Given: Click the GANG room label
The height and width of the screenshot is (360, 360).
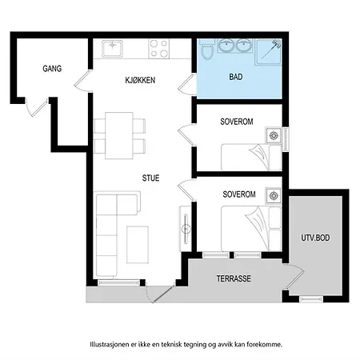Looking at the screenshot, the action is click(52, 69).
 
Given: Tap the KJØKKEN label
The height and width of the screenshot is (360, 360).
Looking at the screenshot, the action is click(140, 80).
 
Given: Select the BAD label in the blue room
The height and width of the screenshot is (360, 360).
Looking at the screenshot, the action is click(236, 77).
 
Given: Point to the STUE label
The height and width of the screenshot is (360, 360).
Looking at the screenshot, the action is click(150, 178).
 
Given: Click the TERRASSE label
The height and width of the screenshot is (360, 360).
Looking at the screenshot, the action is click(234, 278).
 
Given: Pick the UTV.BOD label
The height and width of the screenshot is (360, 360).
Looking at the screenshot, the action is click(315, 238).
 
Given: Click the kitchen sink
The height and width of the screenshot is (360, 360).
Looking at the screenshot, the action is click(112, 48).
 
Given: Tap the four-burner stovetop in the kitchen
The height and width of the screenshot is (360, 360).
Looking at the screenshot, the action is click(159, 49).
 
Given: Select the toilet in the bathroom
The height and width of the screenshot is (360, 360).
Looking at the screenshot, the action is click(207, 50).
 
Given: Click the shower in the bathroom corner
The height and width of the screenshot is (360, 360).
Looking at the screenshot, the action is click(268, 52).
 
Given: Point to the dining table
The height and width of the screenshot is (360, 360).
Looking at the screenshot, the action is click(119, 135).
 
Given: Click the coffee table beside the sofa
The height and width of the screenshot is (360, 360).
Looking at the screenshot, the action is click(138, 245).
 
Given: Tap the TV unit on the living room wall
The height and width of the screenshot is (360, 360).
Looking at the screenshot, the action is click(186, 229).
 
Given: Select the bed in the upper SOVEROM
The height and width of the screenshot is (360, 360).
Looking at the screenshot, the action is click(251, 158).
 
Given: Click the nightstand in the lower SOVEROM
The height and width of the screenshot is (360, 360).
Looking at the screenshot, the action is click(274, 196).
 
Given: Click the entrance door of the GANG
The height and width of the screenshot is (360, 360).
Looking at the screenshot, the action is click(38, 107).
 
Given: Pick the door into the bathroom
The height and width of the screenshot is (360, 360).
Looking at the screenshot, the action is click(187, 84).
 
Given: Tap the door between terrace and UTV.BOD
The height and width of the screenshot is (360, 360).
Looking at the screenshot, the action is click(294, 277).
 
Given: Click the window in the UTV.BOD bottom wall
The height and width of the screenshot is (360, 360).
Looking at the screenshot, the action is click(311, 299).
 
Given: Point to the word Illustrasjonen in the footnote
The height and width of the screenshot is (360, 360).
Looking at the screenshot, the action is click(110, 344).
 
